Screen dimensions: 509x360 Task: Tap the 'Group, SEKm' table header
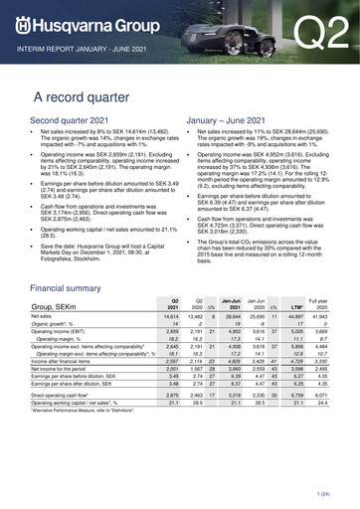(x=59, y=336)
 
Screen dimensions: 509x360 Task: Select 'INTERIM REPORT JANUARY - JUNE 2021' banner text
(x=85, y=49)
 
